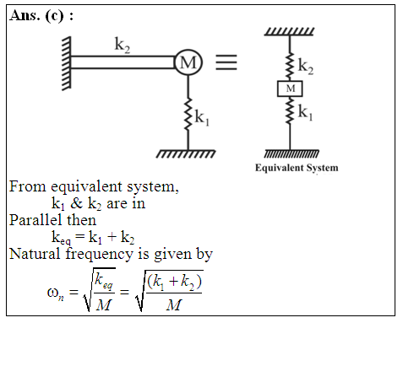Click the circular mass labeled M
coord(188,62)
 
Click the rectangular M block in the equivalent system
coord(290,89)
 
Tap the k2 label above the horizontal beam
coord(123,45)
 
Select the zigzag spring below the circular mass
coord(188,114)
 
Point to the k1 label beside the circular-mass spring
coord(202,118)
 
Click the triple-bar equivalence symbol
coord(226,62)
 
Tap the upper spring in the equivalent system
coord(290,66)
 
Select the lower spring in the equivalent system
coord(290,110)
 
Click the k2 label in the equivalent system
coord(306,67)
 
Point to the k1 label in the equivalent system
coord(306,112)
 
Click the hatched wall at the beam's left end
coord(67,63)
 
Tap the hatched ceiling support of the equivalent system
coord(289,31)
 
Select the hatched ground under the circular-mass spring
coord(186,153)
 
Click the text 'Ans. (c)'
coord(37,16)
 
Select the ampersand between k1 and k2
coord(76,203)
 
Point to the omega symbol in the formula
coord(52,293)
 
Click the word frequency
coord(100,255)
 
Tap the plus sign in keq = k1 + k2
coord(112,237)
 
